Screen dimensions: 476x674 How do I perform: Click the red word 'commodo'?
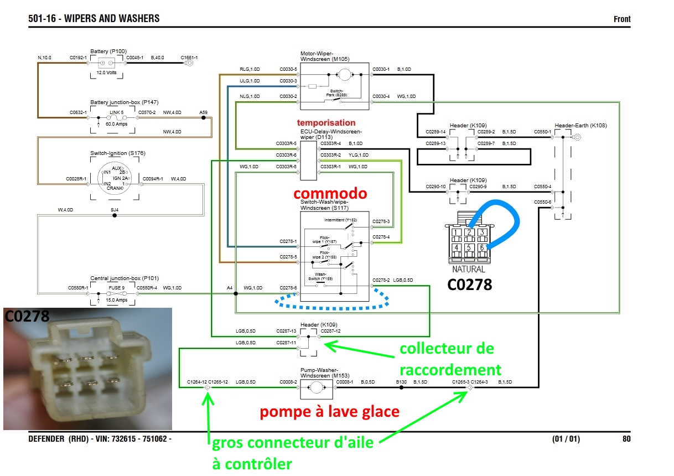click(x=330, y=193)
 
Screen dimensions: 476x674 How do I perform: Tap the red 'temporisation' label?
click(x=326, y=122)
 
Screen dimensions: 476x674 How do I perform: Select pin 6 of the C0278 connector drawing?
click(x=483, y=247)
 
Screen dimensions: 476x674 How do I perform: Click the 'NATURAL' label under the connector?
click(x=468, y=270)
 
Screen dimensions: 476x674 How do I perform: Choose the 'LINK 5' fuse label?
click(x=116, y=111)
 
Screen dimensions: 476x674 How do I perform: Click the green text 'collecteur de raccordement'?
click(x=447, y=359)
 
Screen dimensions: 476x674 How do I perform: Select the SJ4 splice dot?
click(x=115, y=215)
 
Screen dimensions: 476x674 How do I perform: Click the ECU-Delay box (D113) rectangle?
click(x=308, y=161)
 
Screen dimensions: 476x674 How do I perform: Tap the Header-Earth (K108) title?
click(x=580, y=126)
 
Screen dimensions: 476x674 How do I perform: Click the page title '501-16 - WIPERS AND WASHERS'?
click(x=94, y=19)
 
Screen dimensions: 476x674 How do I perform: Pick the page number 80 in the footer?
click(x=626, y=439)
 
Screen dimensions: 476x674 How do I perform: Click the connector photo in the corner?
click(x=87, y=369)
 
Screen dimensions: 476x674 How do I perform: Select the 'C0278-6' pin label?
click(x=288, y=288)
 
